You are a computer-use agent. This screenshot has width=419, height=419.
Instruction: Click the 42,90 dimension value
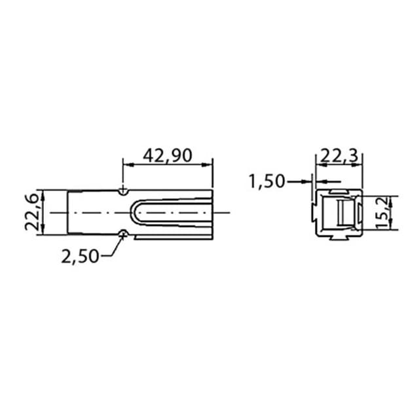coord(168,156)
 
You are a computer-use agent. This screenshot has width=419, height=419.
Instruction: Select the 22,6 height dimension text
coord(32,212)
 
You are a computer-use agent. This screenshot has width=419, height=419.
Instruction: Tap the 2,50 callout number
coord(80,257)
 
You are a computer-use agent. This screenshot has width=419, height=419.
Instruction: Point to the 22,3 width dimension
coord(339,156)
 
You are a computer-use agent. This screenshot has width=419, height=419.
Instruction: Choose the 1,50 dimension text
coord(267,181)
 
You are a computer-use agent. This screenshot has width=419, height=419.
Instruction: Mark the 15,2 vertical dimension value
coord(382,213)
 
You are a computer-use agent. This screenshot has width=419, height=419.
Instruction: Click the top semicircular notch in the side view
coord(123,192)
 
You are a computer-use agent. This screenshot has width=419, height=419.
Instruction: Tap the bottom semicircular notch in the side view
coord(123,233)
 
